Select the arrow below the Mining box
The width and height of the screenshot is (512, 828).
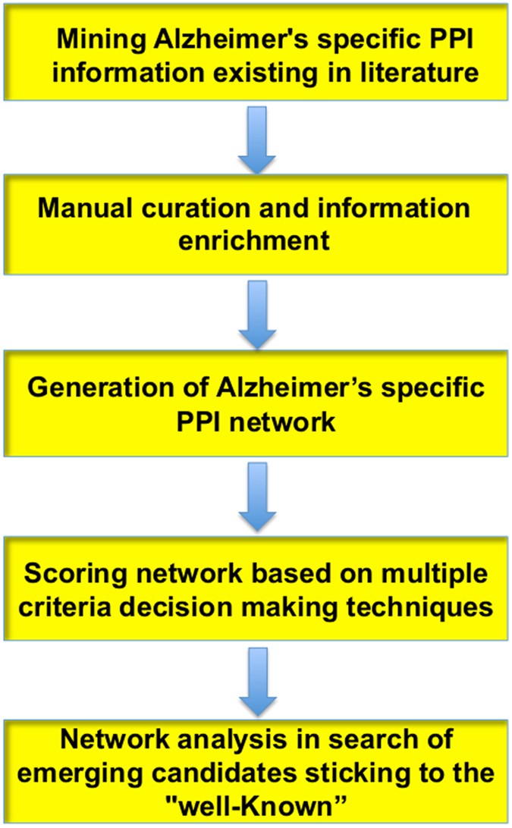pos(255,135)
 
